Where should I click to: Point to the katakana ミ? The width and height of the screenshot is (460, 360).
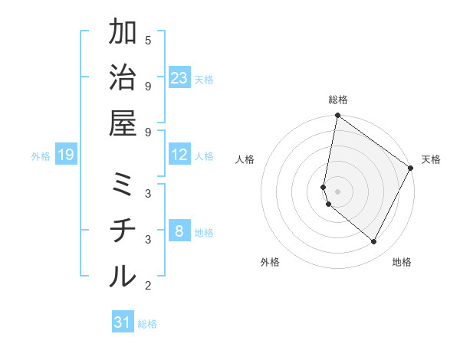[123, 186]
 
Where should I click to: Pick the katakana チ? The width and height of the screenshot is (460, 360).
[123, 231]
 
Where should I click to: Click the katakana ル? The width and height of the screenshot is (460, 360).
[123, 276]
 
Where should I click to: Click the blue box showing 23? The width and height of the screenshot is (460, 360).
[179, 78]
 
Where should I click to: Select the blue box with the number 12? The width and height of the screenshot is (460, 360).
[179, 155]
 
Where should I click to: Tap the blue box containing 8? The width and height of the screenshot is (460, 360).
[179, 232]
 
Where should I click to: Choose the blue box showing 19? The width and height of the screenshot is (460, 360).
[65, 155]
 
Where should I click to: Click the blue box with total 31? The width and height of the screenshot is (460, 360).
[123, 322]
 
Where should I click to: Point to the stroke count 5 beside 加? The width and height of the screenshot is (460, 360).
[148, 40]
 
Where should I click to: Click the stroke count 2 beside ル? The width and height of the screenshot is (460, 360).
[148, 286]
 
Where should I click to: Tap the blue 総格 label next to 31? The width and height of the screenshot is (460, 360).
[147, 323]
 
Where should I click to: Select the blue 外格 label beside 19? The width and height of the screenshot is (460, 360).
[41, 156]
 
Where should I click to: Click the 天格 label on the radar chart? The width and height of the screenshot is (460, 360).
[431, 159]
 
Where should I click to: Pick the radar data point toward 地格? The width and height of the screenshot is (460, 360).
[374, 241]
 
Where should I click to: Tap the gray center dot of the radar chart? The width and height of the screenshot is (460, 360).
[337, 191]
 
